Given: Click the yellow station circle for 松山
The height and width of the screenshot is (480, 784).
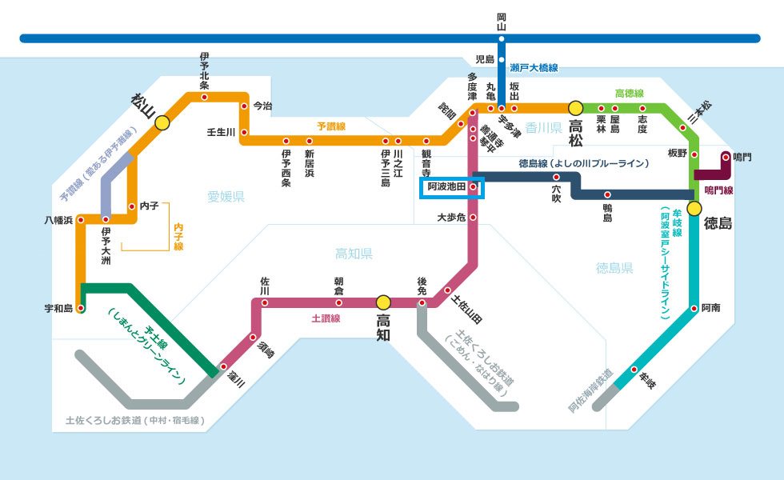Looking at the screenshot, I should (x=162, y=122).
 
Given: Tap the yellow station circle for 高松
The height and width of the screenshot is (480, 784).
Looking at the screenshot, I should (x=574, y=107).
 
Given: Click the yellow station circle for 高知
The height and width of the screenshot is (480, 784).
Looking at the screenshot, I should (x=383, y=302).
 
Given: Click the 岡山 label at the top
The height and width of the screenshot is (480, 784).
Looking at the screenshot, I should (x=502, y=22).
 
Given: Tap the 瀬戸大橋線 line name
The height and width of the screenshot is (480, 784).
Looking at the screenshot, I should (x=534, y=68).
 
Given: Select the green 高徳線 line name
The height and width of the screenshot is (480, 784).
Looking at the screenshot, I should (x=629, y=94).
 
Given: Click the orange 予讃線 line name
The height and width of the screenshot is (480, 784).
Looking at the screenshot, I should (x=330, y=126).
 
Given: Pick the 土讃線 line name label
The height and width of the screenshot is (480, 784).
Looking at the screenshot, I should (x=326, y=318).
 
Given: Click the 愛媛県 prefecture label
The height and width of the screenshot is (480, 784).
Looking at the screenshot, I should (x=226, y=197).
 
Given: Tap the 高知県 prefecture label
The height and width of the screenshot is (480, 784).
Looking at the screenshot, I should (x=354, y=254).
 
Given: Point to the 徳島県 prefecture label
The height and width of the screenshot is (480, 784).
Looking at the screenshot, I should (x=614, y=268).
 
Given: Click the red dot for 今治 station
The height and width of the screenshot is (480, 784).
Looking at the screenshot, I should (x=244, y=105).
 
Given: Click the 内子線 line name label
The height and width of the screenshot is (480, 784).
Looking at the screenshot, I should (x=179, y=237).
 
